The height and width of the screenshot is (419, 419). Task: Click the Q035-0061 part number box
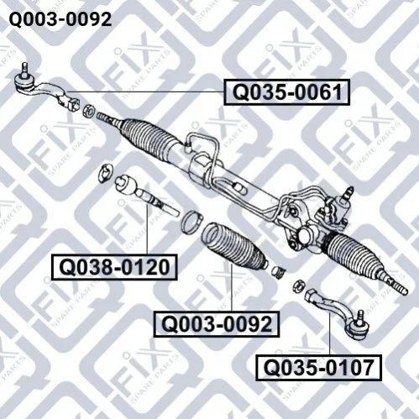287,92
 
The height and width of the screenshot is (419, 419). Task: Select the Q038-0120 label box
114,267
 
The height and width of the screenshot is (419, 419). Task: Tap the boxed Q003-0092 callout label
217,324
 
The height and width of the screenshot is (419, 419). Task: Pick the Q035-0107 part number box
318,368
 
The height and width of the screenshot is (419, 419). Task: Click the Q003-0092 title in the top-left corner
60,19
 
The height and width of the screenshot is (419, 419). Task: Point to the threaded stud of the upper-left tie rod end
25,69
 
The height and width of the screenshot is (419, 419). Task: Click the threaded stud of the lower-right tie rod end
360,316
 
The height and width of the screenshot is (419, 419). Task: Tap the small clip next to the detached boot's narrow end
278,272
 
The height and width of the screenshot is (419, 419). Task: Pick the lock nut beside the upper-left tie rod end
88,110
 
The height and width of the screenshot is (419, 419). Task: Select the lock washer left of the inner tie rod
107,174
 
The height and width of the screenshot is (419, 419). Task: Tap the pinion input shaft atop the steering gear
348,192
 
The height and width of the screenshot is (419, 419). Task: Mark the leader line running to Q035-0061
145,92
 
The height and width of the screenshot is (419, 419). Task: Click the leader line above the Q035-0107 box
330,334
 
